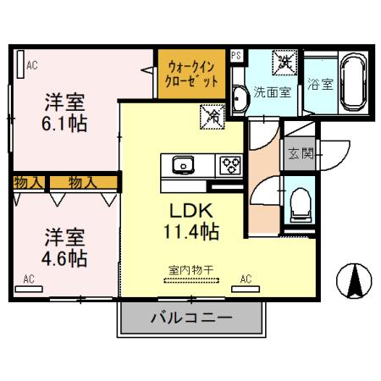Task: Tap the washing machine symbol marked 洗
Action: (x=284, y=62)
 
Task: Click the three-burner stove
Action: (x=229, y=164)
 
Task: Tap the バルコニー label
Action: (x=185, y=319)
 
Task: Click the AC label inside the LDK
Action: (x=246, y=278)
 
